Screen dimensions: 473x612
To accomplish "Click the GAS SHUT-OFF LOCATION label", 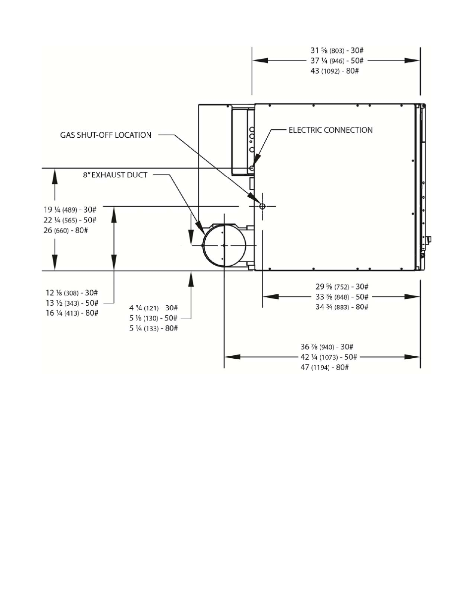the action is pos(106,135).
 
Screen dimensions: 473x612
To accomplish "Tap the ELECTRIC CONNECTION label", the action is pos(330,130).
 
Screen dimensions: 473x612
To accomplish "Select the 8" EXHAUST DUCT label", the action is pos(115,175).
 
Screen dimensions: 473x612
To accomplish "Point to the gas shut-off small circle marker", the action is pos(262,206).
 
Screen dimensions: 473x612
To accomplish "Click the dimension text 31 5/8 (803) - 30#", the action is pos(337,51).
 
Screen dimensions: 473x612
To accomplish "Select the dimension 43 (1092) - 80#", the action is pos(335,71).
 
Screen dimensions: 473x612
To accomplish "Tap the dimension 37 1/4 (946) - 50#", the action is pos(337,60).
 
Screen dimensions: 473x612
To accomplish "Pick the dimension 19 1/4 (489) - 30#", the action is pos(70,210).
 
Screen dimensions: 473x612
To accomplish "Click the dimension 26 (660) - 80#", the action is pos(65,230).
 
